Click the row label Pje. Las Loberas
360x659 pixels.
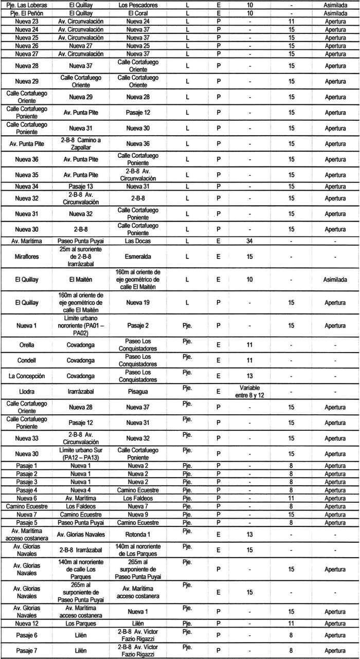[27, 5]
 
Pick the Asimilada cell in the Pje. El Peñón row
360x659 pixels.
[335, 13]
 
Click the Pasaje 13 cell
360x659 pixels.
[83, 186]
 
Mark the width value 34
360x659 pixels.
[249, 240]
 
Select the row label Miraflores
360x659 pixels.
[27, 255]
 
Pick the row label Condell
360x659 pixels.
[27, 360]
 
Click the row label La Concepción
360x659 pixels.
[27, 376]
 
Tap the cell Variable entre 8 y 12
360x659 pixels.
[249, 391]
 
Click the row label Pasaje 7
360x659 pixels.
[27, 650]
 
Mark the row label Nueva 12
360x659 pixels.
[27, 623]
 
